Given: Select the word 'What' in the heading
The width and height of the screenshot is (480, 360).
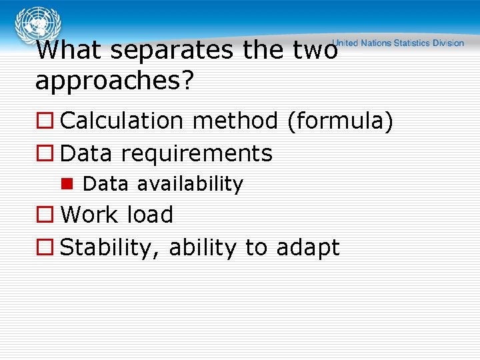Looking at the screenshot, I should click(x=70, y=51).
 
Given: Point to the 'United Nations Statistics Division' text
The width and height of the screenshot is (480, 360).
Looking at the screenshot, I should click(x=398, y=43).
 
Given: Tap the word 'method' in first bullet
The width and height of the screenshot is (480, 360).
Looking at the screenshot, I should click(x=238, y=121).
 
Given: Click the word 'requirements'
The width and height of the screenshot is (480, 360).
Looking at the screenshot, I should click(x=197, y=154).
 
